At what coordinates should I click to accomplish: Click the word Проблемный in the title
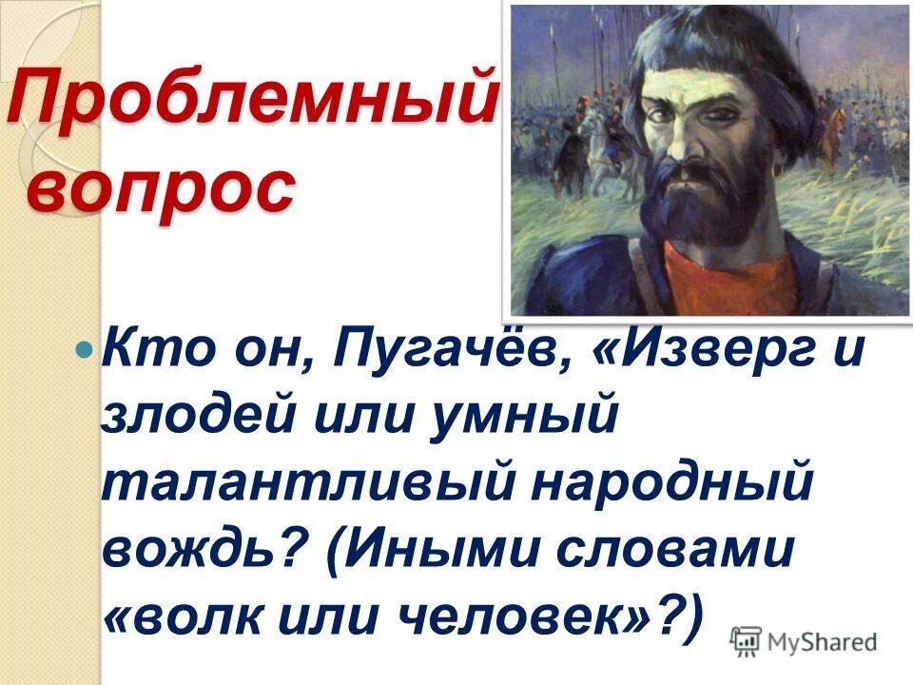(252, 102)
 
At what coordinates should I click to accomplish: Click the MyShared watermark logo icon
(748, 640)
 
